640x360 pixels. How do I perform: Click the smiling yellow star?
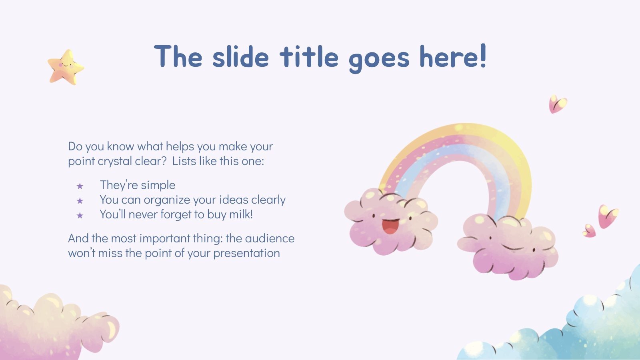(66, 67)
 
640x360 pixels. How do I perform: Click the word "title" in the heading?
(309, 57)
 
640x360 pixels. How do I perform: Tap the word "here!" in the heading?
(453, 57)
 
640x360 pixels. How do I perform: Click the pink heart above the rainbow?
(557, 104)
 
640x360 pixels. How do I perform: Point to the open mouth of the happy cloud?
(390, 226)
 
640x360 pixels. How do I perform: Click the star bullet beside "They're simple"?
(80, 186)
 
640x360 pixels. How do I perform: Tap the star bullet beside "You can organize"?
(80, 201)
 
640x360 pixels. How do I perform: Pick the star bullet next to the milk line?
(80, 216)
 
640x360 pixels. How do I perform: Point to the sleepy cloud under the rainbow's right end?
(508, 246)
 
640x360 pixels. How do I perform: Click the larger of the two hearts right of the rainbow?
(608, 216)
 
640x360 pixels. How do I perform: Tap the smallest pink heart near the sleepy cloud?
(589, 230)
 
